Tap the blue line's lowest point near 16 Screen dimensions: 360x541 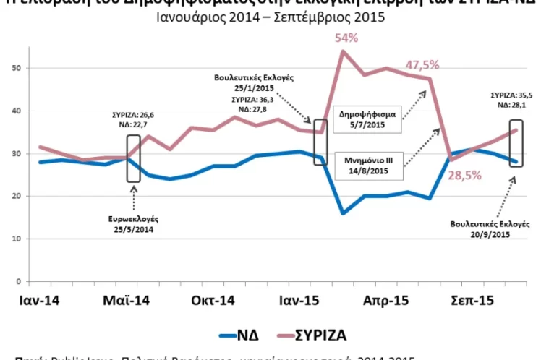tap(342, 213)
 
